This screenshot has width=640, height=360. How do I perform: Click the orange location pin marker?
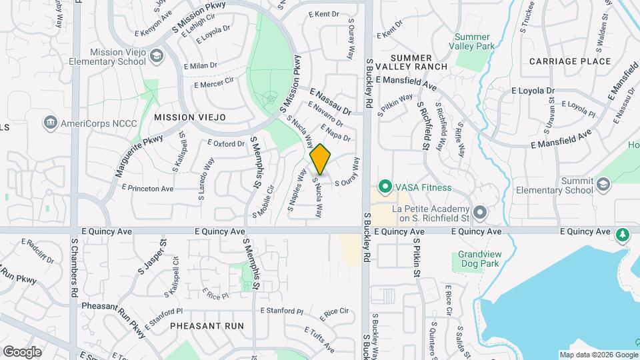pyautogui.click(x=321, y=159)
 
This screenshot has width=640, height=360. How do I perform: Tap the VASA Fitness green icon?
pyautogui.click(x=385, y=187)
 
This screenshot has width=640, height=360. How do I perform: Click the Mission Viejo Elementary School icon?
pyautogui.click(x=157, y=56)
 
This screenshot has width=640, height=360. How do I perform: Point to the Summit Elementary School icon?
pyautogui.click(x=603, y=184)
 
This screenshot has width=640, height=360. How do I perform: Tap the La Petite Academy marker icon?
pyautogui.click(x=481, y=212)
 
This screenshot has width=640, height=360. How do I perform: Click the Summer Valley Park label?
pyautogui.click(x=475, y=41)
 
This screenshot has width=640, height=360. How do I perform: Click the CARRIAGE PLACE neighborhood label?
pyautogui.click(x=570, y=61)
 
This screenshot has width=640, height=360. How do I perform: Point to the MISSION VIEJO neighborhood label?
pyautogui.click(x=190, y=117)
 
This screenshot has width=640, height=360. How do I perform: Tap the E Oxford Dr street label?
pyautogui.click(x=227, y=143)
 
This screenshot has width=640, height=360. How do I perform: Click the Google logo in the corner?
pyautogui.click(x=22, y=351)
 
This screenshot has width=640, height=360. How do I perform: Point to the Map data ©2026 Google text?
pyautogui.click(x=598, y=355)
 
